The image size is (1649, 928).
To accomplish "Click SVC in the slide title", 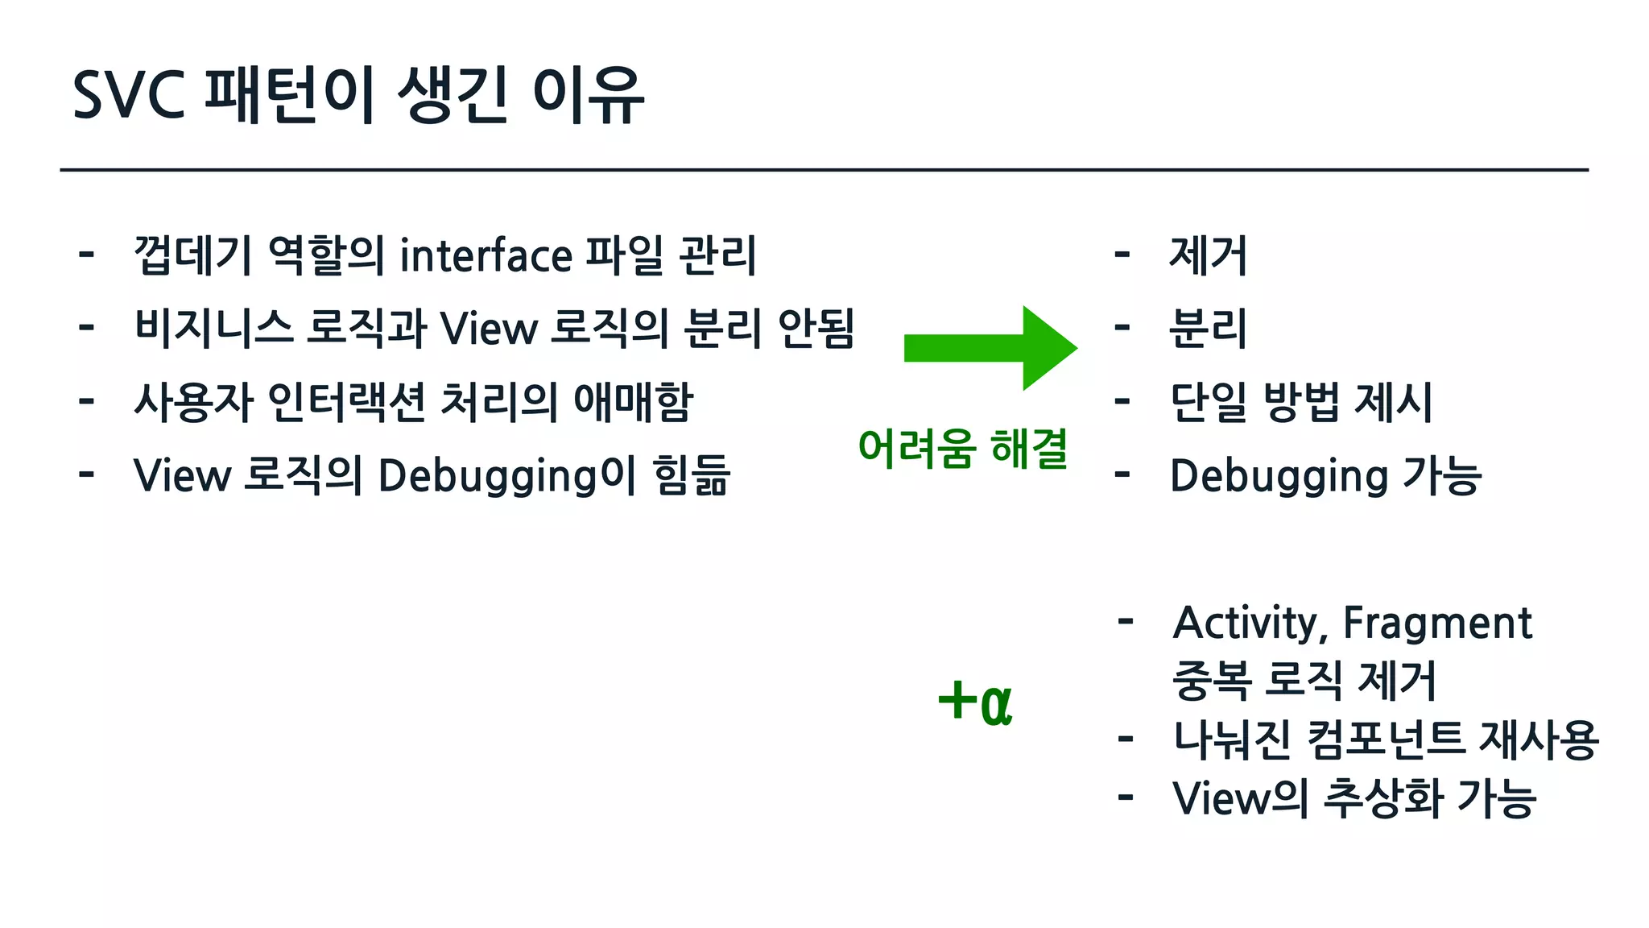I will point(129,95).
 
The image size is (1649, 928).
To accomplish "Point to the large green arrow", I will point(990,348).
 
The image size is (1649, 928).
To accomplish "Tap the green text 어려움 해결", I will point(963,449).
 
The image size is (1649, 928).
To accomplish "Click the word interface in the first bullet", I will point(486,256).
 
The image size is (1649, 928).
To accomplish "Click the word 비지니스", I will point(213,329).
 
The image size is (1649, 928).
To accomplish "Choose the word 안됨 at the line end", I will point(816,329).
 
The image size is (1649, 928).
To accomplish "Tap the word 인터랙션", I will point(346,402).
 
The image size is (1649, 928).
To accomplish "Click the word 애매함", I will point(633,402).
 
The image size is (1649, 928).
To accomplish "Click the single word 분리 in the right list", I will point(1208,329).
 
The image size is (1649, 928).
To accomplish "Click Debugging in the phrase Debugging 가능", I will point(1279,476).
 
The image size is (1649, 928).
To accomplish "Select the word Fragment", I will point(1437,623).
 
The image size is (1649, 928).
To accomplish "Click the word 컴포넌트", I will point(1385,739).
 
